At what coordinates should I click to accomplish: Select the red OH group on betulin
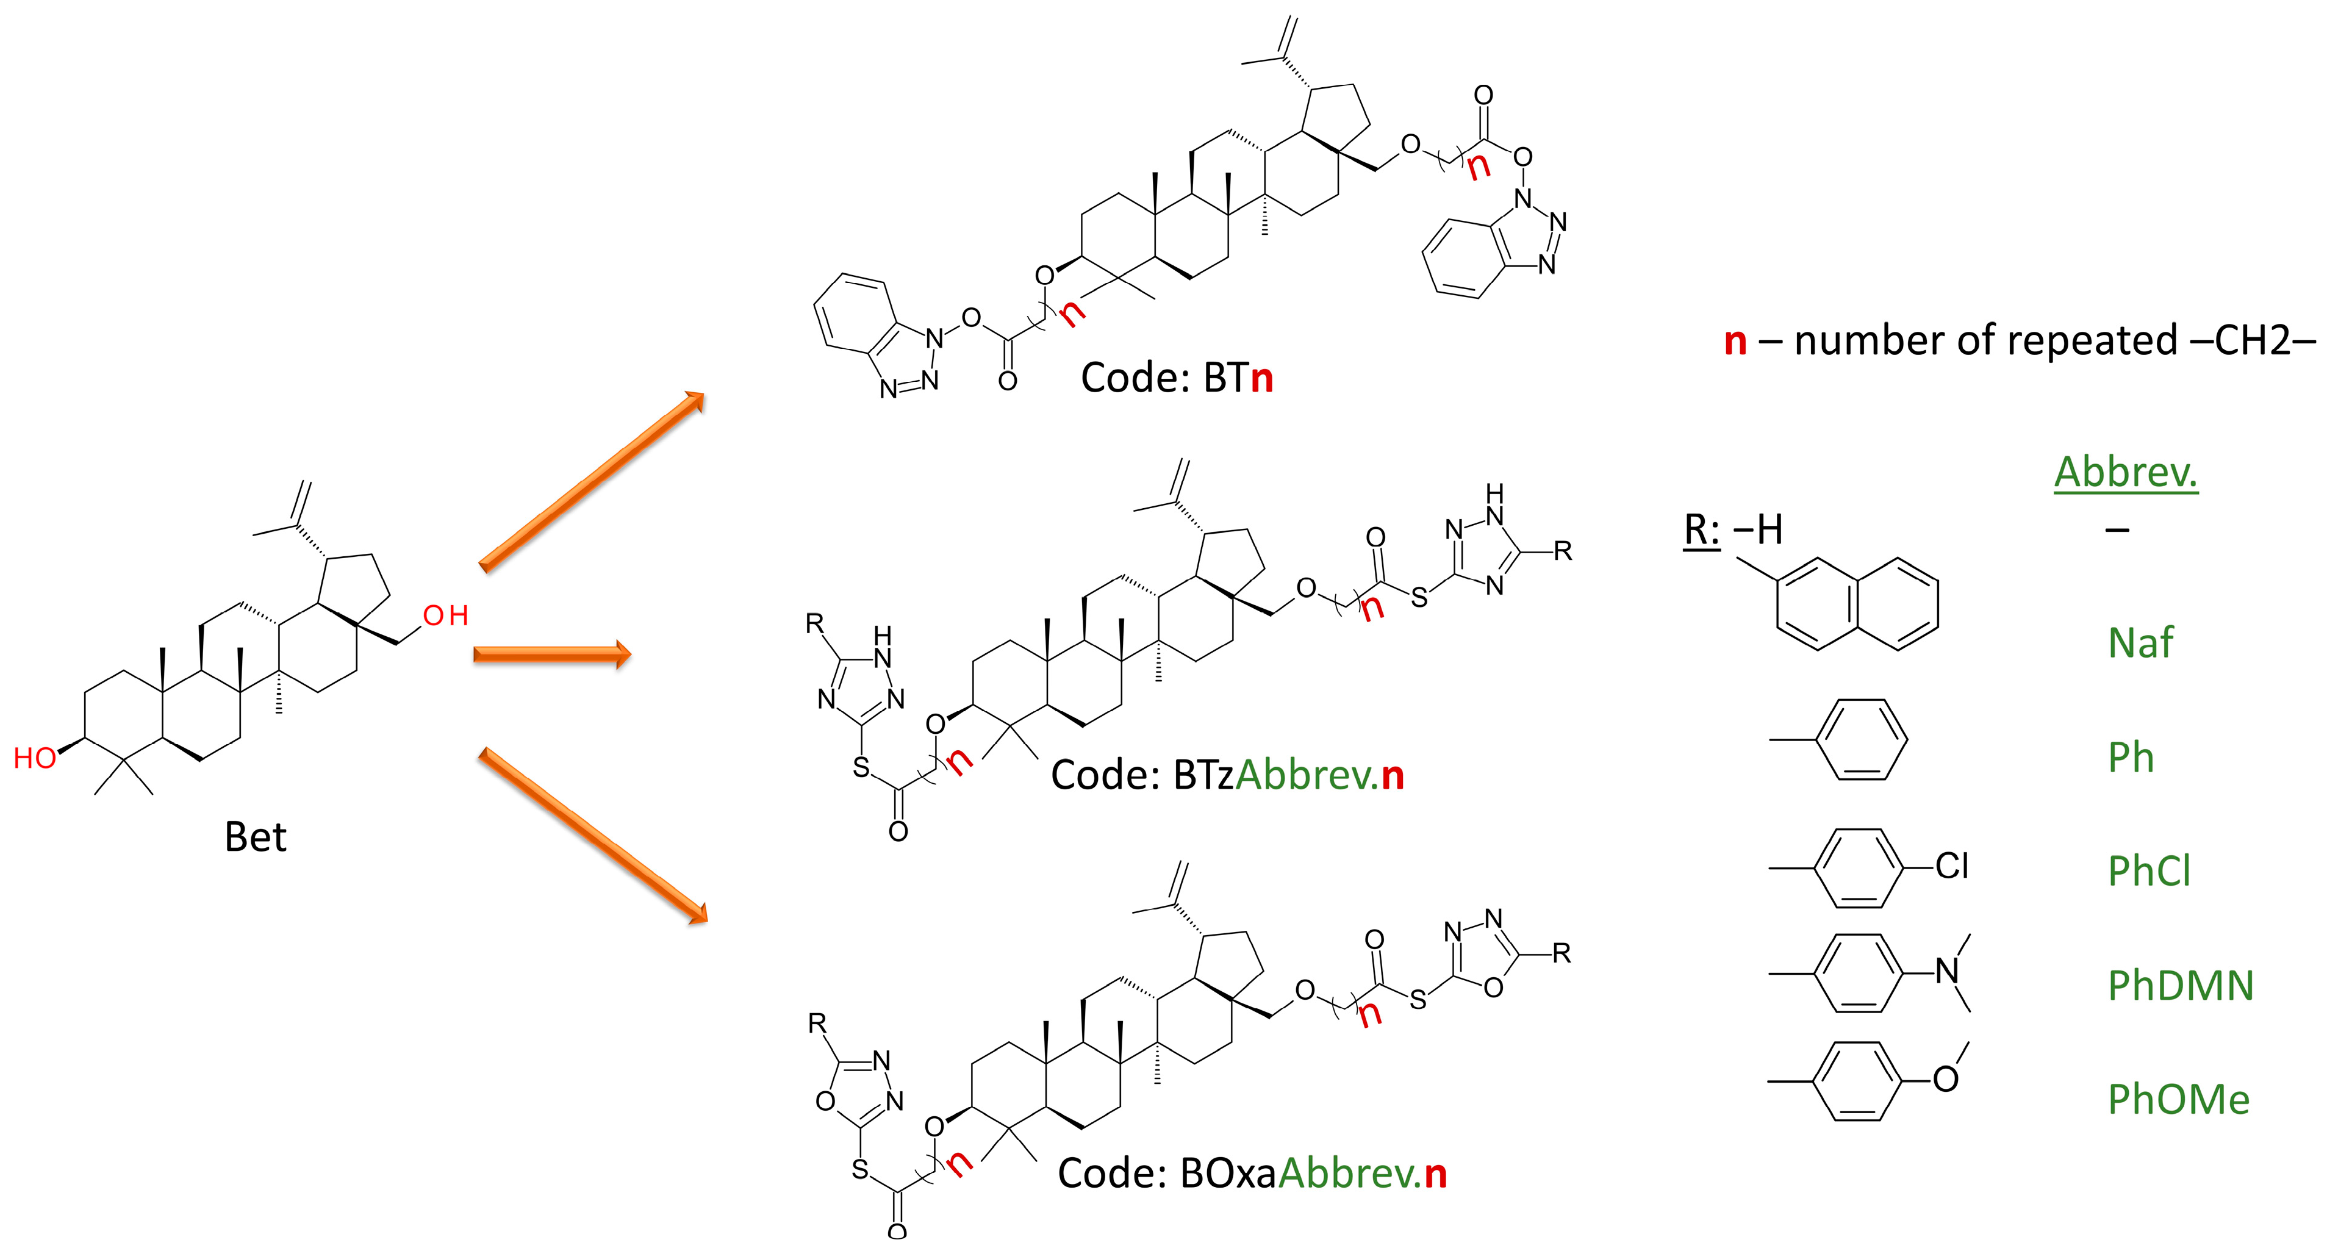(x=445, y=616)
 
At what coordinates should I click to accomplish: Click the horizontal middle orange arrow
(x=551, y=654)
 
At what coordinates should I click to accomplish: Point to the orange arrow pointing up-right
(x=592, y=481)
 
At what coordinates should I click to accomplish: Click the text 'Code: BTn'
(x=1176, y=378)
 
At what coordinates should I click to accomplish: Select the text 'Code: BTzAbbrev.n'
(x=1227, y=775)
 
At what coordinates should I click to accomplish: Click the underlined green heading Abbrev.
(x=2126, y=472)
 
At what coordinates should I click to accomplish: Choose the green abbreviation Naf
(x=2139, y=643)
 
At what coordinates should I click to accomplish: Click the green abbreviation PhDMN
(x=2181, y=985)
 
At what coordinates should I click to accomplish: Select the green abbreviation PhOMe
(x=2178, y=1100)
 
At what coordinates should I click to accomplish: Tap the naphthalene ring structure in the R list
(x=1856, y=603)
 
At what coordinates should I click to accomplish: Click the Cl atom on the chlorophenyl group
(x=1951, y=866)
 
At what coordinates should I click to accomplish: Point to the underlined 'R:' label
(x=1702, y=530)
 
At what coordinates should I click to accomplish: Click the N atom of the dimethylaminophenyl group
(x=1947, y=972)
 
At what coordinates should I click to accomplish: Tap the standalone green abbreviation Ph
(x=2130, y=758)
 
